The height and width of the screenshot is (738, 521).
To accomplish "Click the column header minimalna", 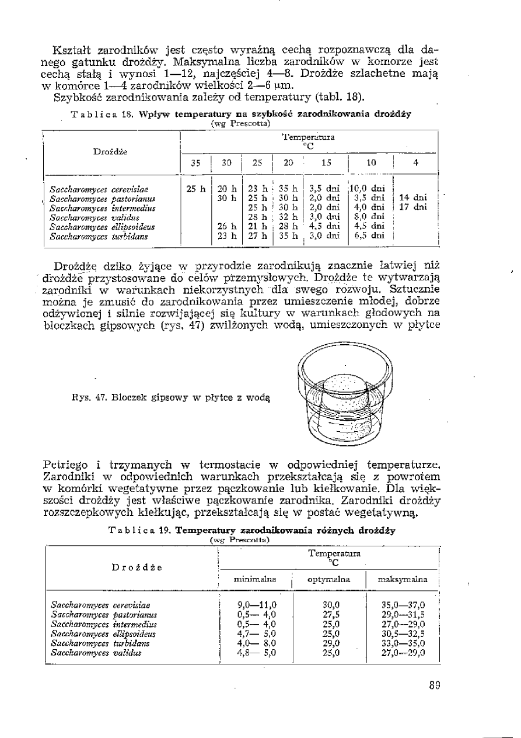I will (x=254, y=579).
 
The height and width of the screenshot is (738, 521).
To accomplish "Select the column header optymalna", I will (x=328, y=579).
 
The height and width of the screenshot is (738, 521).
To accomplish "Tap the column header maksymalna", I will (x=403, y=579).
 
